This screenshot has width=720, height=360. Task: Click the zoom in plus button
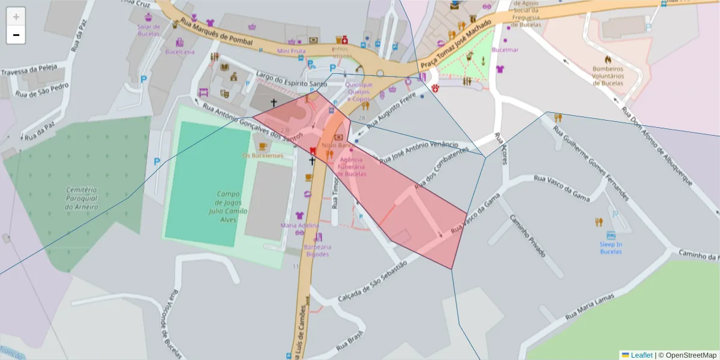coord(16,17)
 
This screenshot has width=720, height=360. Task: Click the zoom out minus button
coord(16,35)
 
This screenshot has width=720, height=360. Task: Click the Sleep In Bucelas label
coord(611,248)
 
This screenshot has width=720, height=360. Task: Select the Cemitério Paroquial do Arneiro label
coord(81,199)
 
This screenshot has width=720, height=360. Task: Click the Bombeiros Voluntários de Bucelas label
coord(608,76)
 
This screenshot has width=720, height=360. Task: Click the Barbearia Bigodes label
coord(317,250)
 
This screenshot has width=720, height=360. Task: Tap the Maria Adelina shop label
coord(300,225)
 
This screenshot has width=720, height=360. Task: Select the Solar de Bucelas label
coord(149,30)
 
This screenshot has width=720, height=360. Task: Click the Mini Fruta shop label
coord(291,51)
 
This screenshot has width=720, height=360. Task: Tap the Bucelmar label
coord(505,50)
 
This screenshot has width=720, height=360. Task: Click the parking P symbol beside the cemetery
coord(157,161)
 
